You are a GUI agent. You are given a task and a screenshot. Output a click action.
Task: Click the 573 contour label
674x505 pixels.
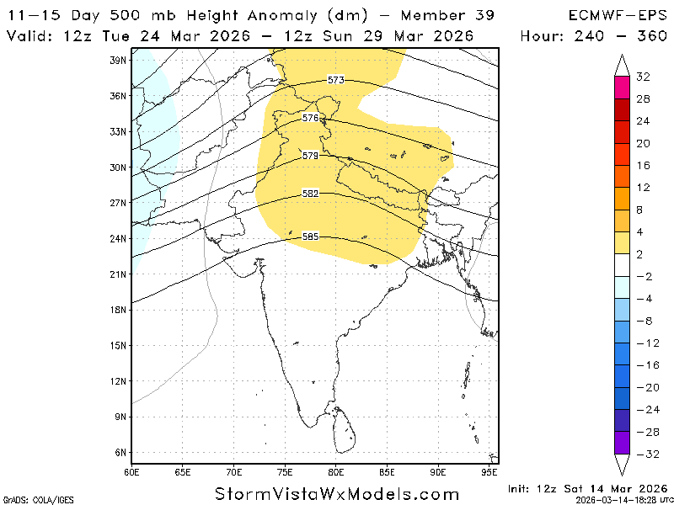coord(336,80)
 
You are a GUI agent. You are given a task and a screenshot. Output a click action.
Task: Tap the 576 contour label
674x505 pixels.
coord(311,118)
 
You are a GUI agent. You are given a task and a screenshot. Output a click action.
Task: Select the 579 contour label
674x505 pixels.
coord(310,156)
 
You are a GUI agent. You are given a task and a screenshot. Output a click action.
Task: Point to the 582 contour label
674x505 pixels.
coord(310,194)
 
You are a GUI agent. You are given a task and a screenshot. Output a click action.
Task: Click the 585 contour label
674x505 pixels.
coord(310,237)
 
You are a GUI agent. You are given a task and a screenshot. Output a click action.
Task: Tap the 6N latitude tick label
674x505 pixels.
coord(120,452)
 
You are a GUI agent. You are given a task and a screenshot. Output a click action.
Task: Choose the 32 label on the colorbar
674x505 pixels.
coord(643,77)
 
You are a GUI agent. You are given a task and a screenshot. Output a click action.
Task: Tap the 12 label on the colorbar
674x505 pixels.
coord(643,187)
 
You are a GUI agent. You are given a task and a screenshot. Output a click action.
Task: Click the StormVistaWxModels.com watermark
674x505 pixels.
coord(337,494)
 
